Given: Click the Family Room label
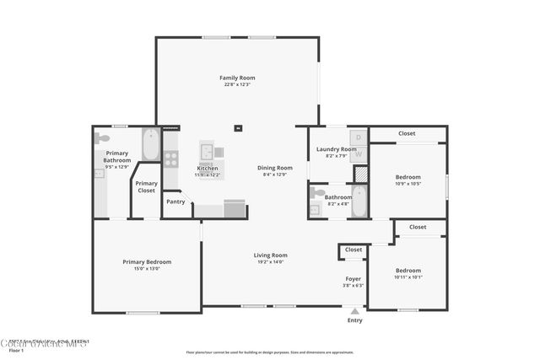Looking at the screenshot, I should (x=237, y=78).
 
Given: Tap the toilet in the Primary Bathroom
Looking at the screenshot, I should (x=102, y=137).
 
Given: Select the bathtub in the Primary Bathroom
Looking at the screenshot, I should (x=151, y=144).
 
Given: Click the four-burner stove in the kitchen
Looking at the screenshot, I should (x=170, y=158).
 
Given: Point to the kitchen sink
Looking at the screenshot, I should (x=206, y=152).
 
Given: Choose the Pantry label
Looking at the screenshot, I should (x=175, y=201).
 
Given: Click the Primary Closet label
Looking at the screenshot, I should (x=146, y=186).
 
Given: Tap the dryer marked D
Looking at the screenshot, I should (x=358, y=137).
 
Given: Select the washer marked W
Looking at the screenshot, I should (x=358, y=153).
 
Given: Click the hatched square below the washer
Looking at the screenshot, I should (x=360, y=173).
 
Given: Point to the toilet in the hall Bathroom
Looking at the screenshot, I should (x=317, y=193).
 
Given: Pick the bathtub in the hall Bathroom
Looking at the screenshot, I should (x=359, y=201).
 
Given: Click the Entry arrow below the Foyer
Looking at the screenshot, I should (x=354, y=310).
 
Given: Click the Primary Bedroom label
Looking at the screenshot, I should (x=147, y=262).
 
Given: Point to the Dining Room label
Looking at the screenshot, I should (x=275, y=168).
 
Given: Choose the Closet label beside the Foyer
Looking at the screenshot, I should (x=354, y=250).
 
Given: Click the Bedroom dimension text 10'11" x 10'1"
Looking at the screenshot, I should (x=408, y=277).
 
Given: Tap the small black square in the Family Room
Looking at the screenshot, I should (x=238, y=128).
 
